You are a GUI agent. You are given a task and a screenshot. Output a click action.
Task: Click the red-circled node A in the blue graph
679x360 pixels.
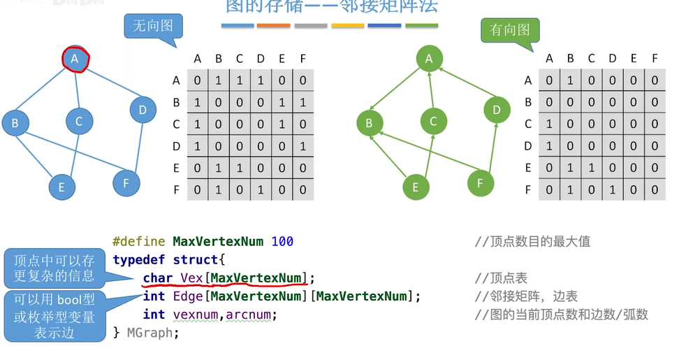pyautogui.click(x=75, y=59)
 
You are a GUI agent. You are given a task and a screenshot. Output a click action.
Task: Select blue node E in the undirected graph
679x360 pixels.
pyautogui.click(x=61, y=187)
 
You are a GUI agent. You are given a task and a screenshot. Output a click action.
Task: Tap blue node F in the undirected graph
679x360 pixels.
pyautogui.click(x=126, y=183)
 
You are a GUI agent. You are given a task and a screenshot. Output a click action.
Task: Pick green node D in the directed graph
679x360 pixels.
pyautogui.click(x=497, y=110)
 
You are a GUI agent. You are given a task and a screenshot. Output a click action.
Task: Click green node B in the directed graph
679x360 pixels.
pyautogui.click(x=369, y=124)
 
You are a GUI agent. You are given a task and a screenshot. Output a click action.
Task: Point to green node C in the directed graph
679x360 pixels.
pyautogui.click(x=433, y=122)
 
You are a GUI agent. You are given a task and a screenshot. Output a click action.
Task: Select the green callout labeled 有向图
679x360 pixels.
pyautogui.click(x=510, y=30)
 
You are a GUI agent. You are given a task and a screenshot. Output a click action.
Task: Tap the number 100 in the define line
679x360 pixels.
pyautogui.click(x=282, y=242)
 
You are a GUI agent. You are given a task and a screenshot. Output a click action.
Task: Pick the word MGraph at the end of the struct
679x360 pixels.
pyautogui.click(x=153, y=333)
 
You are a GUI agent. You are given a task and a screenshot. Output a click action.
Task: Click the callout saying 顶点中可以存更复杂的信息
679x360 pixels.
pyautogui.click(x=54, y=268)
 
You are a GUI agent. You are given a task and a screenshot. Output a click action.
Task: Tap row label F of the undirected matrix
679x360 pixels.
pyautogui.click(x=176, y=189)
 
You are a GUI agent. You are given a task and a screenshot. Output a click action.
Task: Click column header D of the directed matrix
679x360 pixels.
pyautogui.click(x=612, y=59)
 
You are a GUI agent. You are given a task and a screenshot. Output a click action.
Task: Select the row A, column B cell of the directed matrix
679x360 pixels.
pyautogui.click(x=570, y=80)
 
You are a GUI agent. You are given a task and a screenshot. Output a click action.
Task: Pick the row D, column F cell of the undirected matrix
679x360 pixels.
pyautogui.click(x=302, y=146)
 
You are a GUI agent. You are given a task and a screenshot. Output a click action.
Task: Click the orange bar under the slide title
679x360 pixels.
pyautogui.click(x=273, y=26)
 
